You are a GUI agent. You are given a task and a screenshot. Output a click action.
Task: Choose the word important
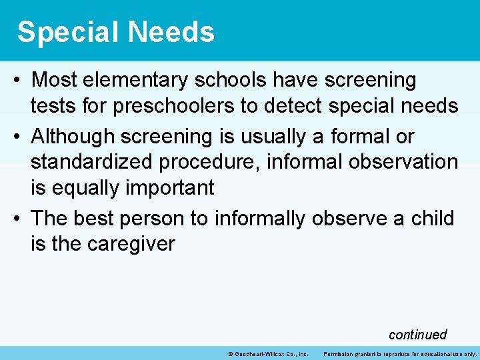pos(169,188)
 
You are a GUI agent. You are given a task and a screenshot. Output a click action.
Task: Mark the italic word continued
pos(417,334)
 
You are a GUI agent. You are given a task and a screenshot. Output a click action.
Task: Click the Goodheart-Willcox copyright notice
pos(267,353)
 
